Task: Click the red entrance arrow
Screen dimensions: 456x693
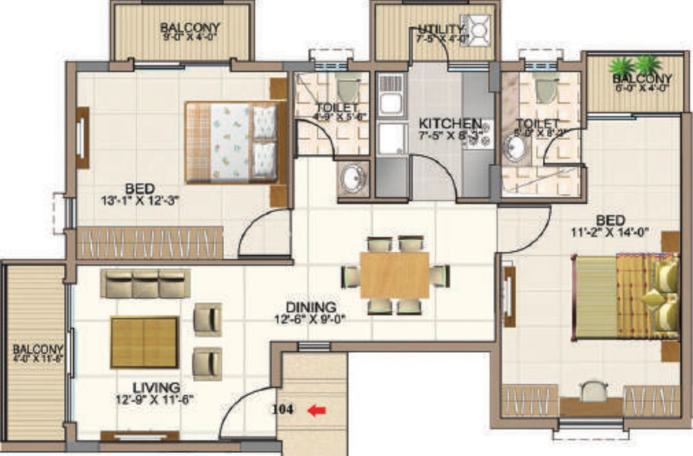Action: (x=314, y=411)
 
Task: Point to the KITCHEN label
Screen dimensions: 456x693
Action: (x=450, y=123)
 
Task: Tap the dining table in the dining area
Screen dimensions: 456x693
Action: (x=394, y=275)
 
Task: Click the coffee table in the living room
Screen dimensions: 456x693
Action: (x=144, y=342)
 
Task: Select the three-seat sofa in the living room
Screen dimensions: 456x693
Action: (x=145, y=283)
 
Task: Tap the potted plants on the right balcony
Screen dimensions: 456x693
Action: (x=634, y=64)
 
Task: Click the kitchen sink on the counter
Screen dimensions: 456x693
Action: (x=390, y=100)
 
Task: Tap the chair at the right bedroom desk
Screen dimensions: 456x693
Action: (x=591, y=391)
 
